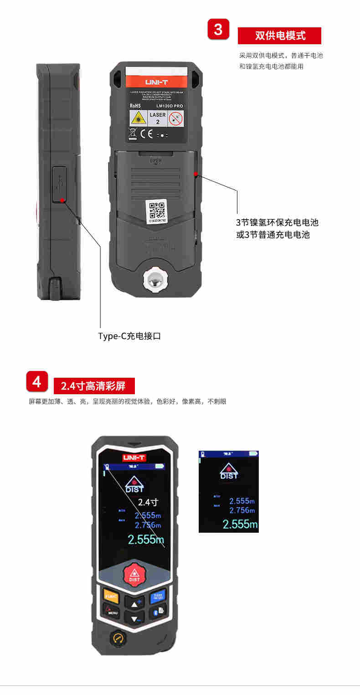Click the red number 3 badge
click(218, 30)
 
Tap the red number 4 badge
click(37, 381)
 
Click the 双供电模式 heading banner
click(279, 36)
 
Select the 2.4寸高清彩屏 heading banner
click(95, 386)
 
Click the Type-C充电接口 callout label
click(130, 336)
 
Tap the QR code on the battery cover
click(157, 210)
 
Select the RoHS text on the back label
click(135, 106)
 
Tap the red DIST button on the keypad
click(134, 574)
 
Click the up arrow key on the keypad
click(134, 604)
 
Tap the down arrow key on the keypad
click(134, 619)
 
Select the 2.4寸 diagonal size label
click(148, 502)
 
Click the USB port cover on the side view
click(60, 184)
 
